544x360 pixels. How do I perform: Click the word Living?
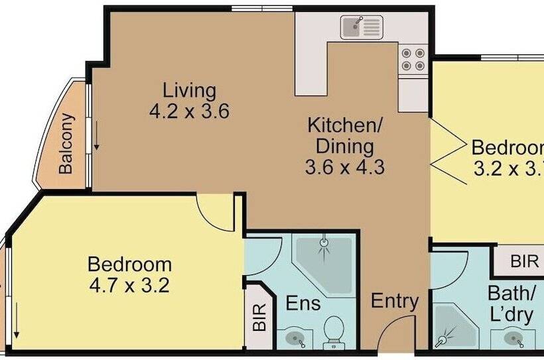click(x=190, y=90)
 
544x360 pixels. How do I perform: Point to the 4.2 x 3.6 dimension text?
click(x=190, y=111)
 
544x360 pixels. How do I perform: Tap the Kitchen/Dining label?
click(x=345, y=135)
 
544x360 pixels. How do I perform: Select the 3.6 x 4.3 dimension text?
click(x=345, y=167)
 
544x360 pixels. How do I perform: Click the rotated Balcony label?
click(x=65, y=144)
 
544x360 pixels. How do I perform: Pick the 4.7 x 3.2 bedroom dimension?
click(x=130, y=287)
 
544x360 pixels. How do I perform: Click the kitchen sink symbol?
click(x=362, y=28)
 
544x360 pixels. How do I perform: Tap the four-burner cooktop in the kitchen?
click(x=413, y=60)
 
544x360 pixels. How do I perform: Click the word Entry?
click(x=395, y=302)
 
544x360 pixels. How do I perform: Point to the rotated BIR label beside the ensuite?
click(x=260, y=317)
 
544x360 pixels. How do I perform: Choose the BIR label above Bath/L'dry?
click(x=524, y=261)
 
